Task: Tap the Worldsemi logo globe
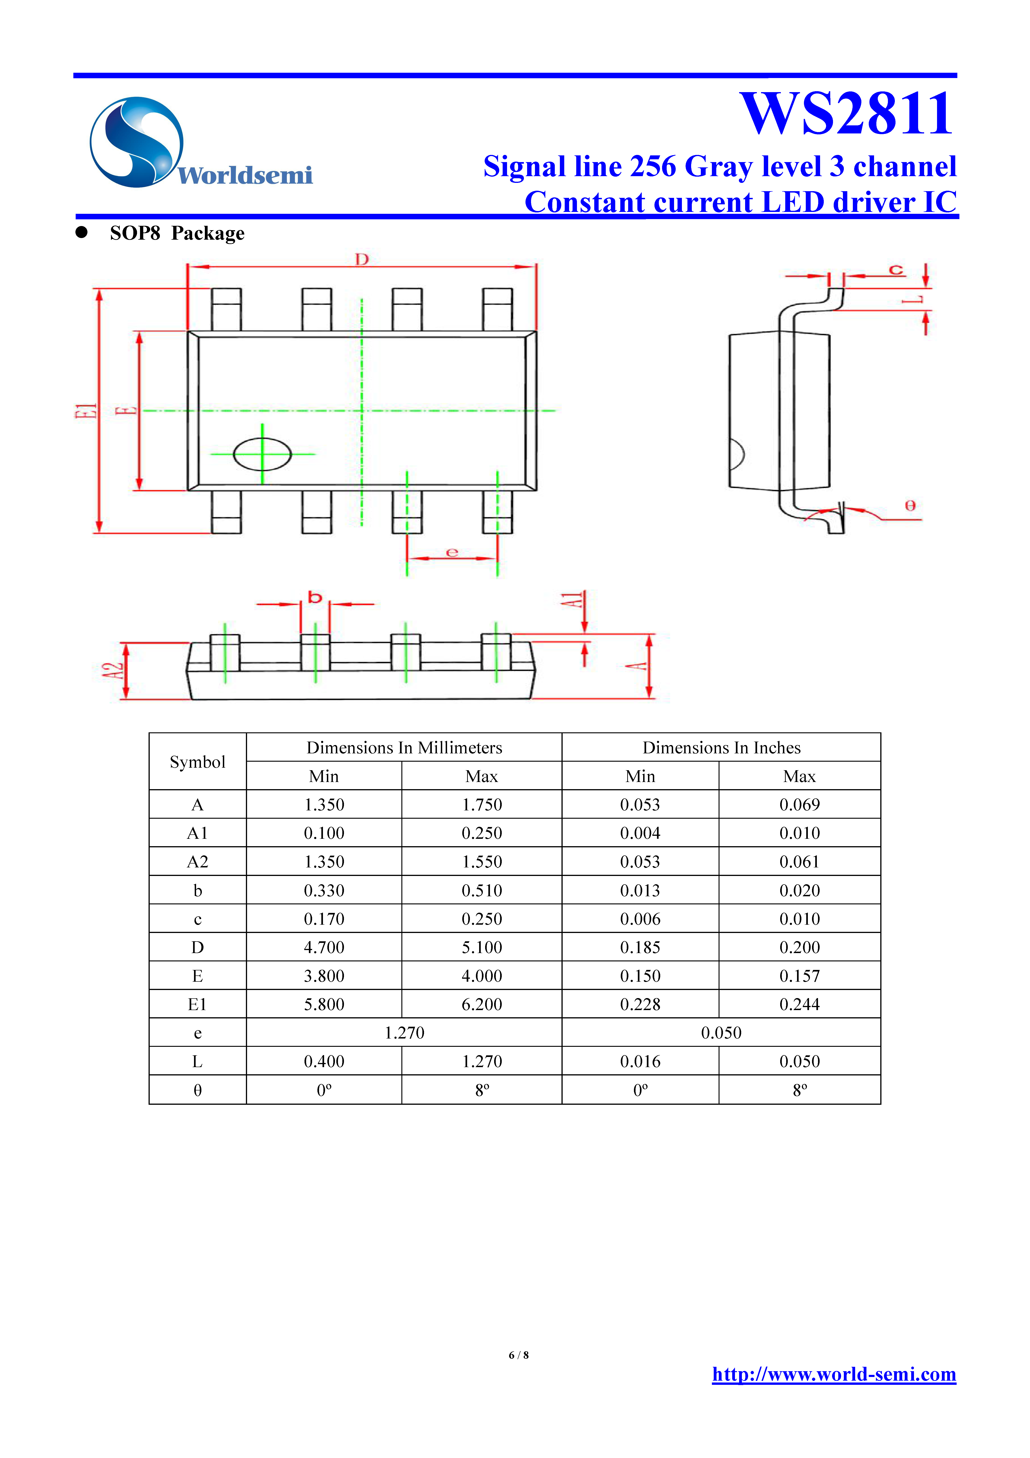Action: click(x=136, y=142)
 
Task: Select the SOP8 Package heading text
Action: click(x=177, y=234)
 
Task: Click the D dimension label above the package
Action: click(x=362, y=259)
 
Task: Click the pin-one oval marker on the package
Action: click(x=262, y=454)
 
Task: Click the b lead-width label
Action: click(x=315, y=598)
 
